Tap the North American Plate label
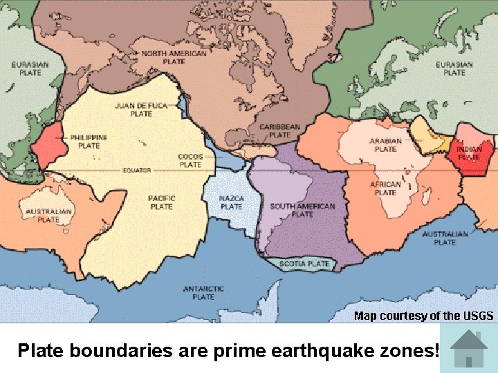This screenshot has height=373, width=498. click(174, 57)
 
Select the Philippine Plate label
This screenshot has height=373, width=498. click(89, 142)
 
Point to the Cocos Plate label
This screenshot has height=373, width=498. click(190, 160)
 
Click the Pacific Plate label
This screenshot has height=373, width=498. click(161, 202)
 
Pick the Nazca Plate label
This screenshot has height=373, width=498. click(231, 202)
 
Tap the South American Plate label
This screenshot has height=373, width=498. click(302, 210)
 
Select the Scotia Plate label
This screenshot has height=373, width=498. click(304, 263)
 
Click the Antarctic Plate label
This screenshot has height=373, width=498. click(203, 292)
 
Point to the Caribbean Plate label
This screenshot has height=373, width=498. click(279, 131)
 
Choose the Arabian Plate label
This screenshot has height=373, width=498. click(385, 145)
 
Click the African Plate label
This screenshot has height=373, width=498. click(385, 189)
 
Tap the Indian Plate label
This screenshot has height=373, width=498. click(469, 153)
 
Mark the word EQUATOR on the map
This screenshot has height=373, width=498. click(137, 170)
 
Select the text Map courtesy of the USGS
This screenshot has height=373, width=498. click(423, 316)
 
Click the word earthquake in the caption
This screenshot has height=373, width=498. click(321, 350)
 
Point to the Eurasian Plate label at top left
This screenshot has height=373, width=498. click(30, 68)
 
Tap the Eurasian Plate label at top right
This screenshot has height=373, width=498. click(454, 68)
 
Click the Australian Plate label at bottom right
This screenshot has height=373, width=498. click(445, 238)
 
